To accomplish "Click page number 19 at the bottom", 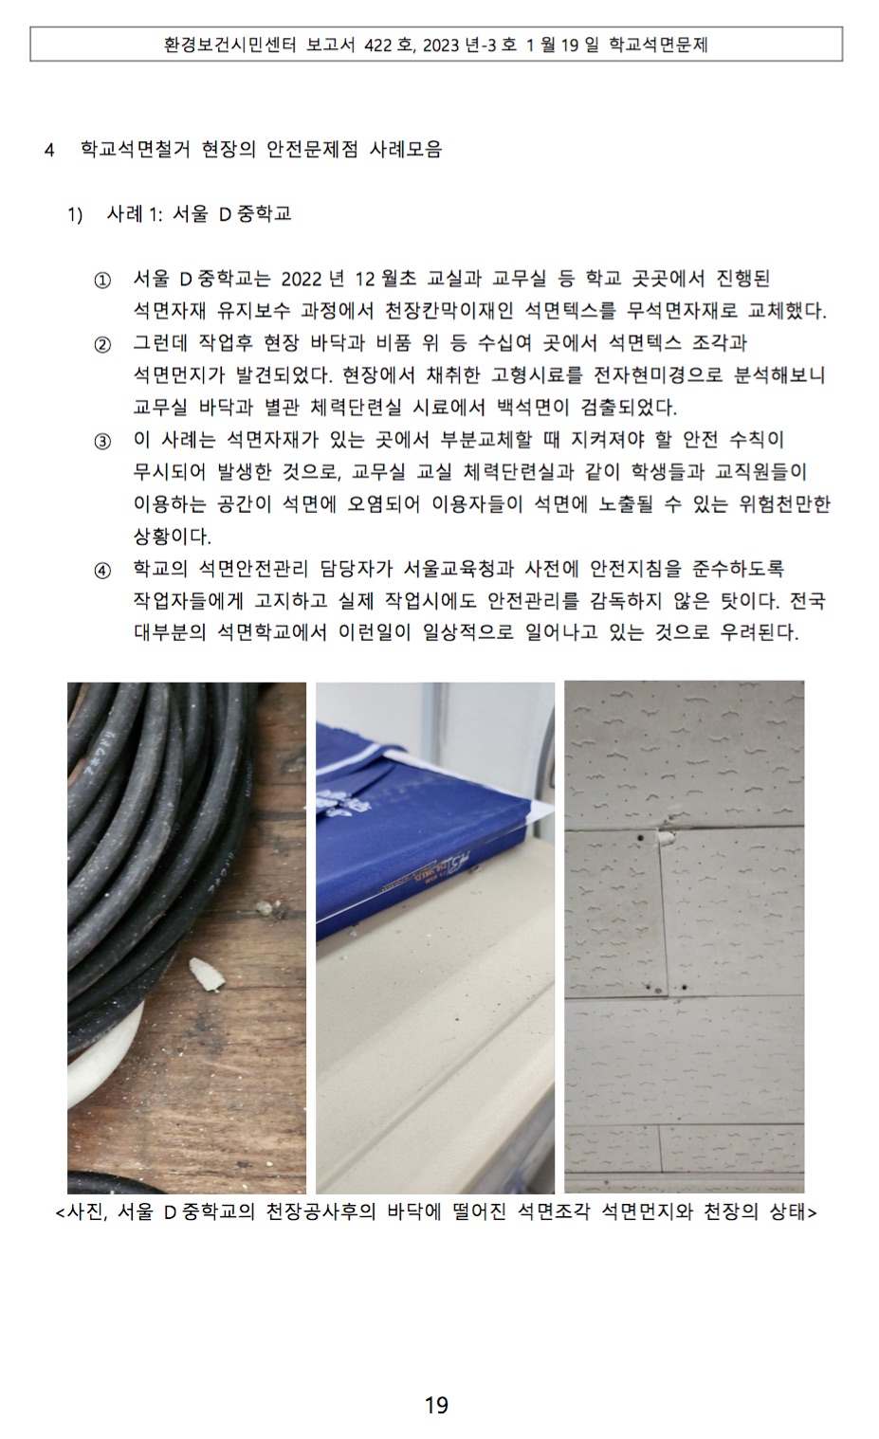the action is point(436,1405).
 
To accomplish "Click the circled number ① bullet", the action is point(102,281).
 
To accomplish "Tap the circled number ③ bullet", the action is point(102,442).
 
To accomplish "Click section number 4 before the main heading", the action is point(49,151).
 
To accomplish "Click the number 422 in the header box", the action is point(376,45).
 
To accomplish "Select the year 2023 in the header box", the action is point(442,45).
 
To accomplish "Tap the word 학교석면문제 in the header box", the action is point(658,45).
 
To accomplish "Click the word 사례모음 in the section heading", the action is point(406,150).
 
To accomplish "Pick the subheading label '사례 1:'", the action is point(134,214).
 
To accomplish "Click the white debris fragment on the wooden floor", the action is point(207,974).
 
